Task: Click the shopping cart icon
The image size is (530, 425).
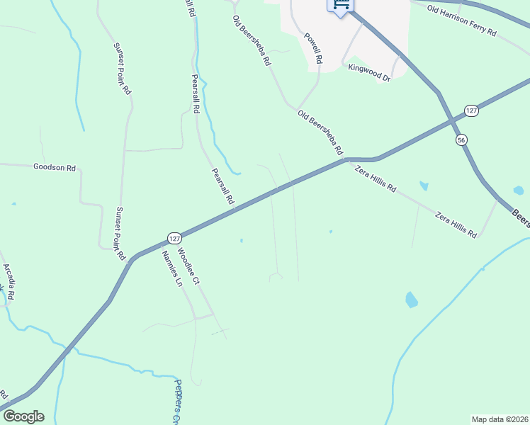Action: coord(340,6)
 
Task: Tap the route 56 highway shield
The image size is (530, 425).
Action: coord(461,140)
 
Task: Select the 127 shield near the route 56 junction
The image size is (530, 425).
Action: coord(472,110)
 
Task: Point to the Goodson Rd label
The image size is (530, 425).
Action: coord(55,168)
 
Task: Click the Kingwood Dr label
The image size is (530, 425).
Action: coord(369,72)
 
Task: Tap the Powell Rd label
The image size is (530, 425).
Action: coord(313,49)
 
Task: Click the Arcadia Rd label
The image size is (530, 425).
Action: coord(9,280)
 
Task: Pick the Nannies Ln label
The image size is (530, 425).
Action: coord(171,268)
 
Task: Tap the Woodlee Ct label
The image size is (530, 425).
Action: coord(189,266)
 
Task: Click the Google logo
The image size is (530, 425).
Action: coord(23,416)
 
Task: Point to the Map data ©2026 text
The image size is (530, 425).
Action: coord(500,419)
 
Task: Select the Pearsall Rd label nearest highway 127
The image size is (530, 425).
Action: coord(222,186)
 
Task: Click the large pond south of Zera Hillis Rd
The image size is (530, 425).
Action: coord(411,300)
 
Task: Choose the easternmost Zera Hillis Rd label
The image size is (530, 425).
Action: coord(456,224)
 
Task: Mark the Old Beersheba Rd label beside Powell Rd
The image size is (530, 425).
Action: coord(252,41)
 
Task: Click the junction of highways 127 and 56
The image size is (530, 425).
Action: coord(453,121)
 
